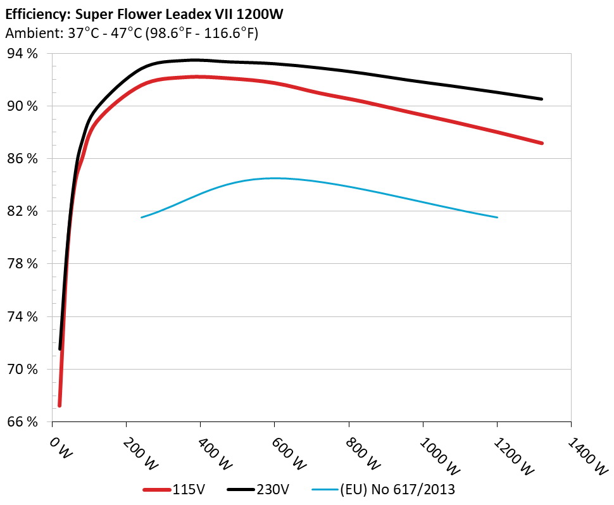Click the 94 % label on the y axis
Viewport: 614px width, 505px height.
click(x=23, y=53)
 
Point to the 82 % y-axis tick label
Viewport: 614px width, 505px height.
click(x=23, y=211)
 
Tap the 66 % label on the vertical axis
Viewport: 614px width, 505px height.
click(x=23, y=421)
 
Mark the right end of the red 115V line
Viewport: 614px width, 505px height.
click(x=542, y=143)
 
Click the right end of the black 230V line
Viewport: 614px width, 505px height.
click(x=542, y=99)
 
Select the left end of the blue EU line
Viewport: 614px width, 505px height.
click(x=141, y=217)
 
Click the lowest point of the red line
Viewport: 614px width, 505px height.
click(x=60, y=405)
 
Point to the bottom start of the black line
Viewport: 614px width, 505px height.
click(x=60, y=349)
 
